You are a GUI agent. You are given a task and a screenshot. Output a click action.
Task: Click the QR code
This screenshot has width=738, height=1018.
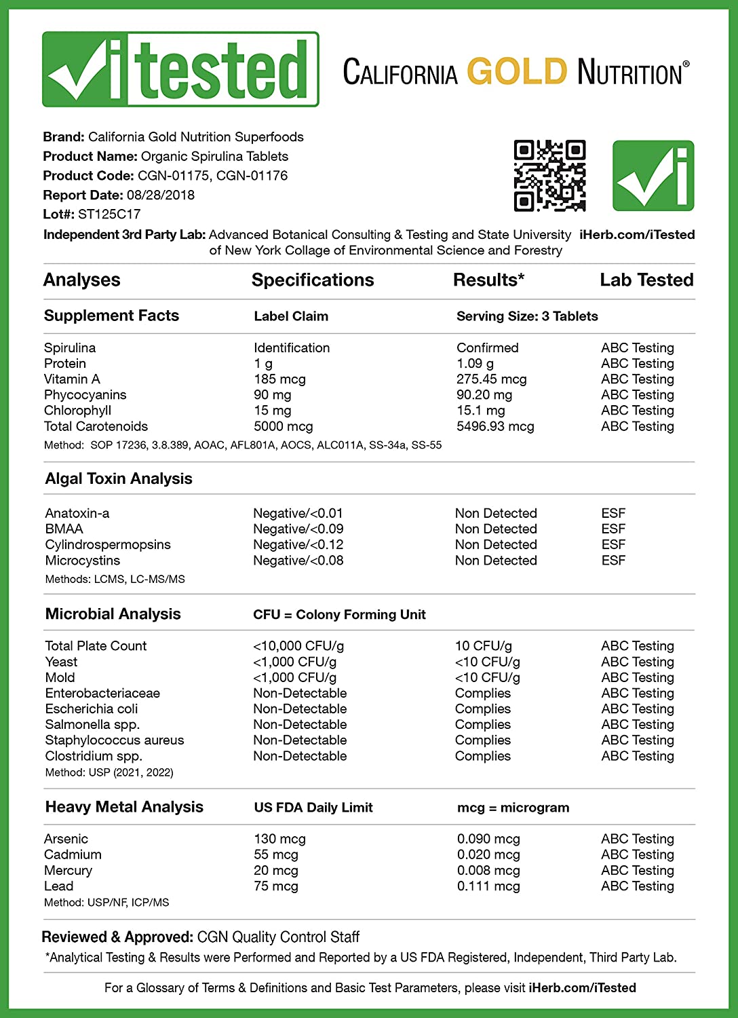[x=549, y=176]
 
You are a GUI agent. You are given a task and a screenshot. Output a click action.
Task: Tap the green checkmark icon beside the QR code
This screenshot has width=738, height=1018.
[x=653, y=176]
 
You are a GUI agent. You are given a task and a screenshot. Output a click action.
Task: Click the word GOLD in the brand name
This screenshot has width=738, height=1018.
[x=517, y=71]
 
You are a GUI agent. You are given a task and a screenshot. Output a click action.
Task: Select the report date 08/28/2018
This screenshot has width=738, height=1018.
[x=161, y=195]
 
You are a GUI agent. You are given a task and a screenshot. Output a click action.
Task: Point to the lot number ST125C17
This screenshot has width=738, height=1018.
[x=109, y=214]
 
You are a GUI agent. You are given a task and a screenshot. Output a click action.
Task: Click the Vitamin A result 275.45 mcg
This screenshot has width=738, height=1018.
[x=491, y=379]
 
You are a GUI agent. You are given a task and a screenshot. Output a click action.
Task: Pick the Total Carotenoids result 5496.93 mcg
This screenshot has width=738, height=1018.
[x=495, y=426]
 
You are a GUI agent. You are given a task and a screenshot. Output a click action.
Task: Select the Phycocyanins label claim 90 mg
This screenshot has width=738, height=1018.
[x=273, y=394]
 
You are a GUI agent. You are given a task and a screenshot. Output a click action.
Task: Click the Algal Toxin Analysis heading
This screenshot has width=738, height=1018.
[x=119, y=478]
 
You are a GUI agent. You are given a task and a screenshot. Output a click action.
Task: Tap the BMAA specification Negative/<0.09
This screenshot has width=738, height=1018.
[x=298, y=529]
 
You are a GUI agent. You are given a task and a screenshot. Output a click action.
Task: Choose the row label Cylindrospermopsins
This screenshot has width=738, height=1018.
[x=108, y=544]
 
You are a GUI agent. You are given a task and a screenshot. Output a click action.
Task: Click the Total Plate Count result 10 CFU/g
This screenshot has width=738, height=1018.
[x=483, y=645]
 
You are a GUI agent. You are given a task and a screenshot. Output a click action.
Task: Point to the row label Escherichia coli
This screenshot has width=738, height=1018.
[x=92, y=709]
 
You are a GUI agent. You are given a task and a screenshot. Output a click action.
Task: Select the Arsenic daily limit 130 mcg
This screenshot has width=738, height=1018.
[x=279, y=839]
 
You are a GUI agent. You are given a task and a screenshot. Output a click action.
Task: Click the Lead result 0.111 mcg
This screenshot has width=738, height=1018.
[x=488, y=886]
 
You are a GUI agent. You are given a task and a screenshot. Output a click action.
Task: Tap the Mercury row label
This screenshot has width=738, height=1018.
[x=68, y=870]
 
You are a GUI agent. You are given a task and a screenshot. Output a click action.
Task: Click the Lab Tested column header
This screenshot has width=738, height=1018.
[x=646, y=280]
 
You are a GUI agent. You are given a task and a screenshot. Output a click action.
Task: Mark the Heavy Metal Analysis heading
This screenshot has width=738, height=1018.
[x=124, y=806]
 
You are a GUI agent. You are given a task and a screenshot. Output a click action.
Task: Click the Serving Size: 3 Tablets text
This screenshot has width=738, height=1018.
[x=527, y=316]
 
